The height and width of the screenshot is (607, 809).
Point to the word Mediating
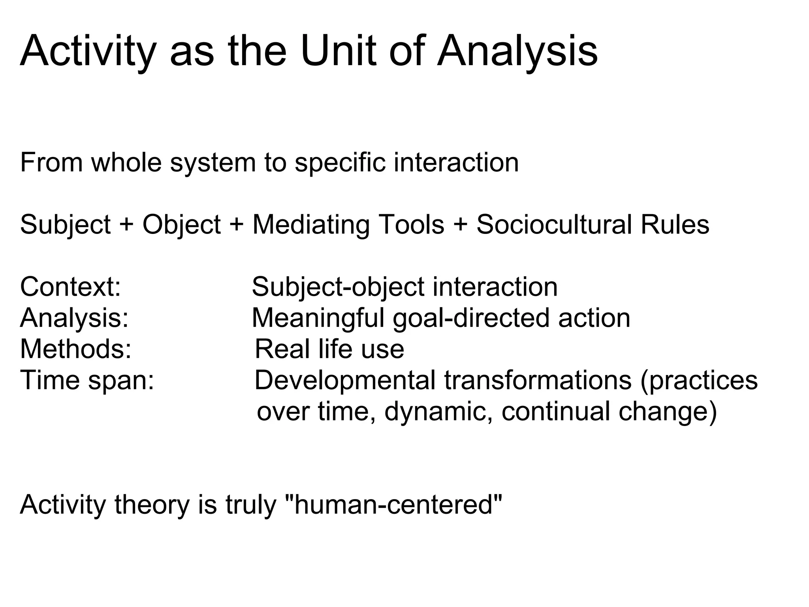point(311,225)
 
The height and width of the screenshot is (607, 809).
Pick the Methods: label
point(75,349)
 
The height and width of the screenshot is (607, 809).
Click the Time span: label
point(87,380)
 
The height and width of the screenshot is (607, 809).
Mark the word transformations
point(538,380)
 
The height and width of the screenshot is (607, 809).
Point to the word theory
point(152,505)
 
